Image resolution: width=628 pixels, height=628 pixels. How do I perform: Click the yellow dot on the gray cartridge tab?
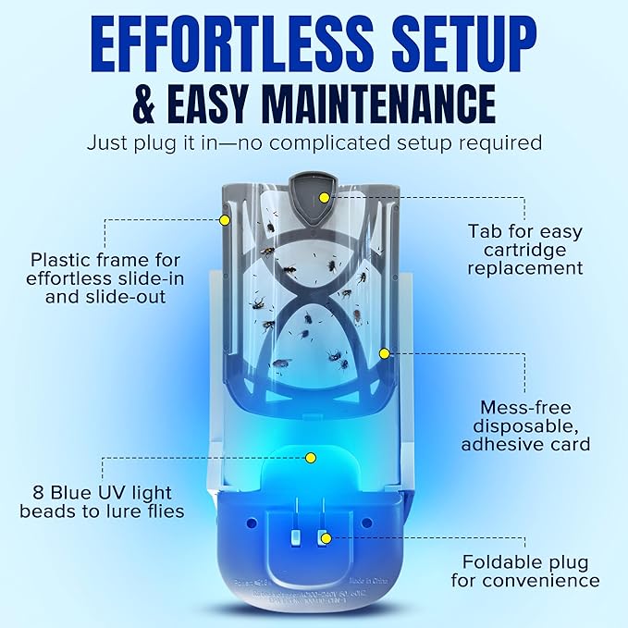coord(324,197)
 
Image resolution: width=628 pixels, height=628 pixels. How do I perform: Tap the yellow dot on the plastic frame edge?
coord(224,220)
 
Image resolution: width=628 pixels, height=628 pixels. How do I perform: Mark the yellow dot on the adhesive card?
coord(385,353)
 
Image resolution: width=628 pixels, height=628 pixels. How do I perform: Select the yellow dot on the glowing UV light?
coord(312,458)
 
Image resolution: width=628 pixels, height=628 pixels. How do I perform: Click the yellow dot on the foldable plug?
coord(324,536)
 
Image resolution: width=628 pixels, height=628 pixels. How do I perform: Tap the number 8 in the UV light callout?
coord(35,492)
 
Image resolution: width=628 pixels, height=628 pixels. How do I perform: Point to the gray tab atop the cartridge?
coord(322,189)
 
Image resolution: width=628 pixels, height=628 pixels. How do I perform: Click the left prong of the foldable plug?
coord(296,536)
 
